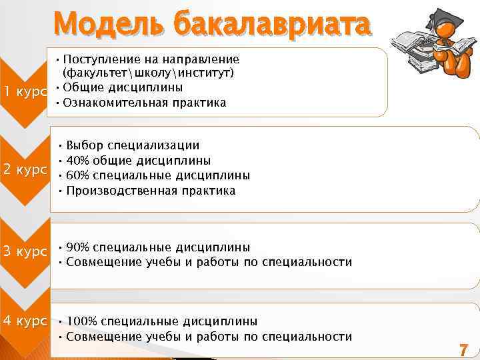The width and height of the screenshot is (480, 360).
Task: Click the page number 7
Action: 463,349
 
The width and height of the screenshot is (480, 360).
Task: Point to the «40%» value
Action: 78,161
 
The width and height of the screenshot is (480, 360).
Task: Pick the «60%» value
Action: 78,175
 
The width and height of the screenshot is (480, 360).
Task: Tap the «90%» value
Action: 78,247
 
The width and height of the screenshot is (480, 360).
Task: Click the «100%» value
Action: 81,321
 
